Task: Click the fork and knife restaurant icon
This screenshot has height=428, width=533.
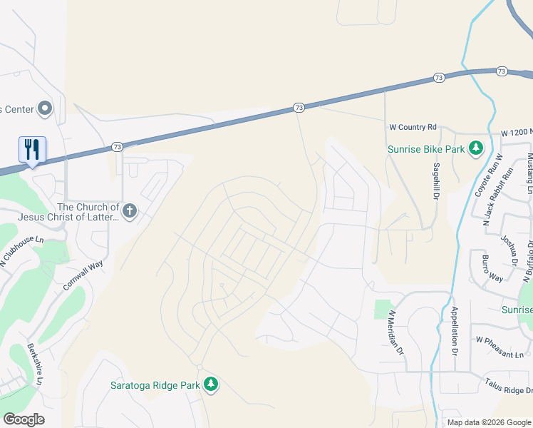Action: pyautogui.click(x=32, y=150)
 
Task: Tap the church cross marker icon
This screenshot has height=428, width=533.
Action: pyautogui.click(x=129, y=210)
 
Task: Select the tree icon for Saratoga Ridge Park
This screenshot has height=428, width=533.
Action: pyautogui.click(x=211, y=385)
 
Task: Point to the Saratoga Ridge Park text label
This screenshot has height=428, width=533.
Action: pyautogui.click(x=155, y=386)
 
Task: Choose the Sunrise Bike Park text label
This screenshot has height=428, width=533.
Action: pyautogui.click(x=426, y=150)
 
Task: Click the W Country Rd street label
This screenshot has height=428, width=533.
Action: pyautogui.click(x=413, y=127)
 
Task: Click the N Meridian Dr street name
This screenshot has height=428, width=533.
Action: pyautogui.click(x=395, y=332)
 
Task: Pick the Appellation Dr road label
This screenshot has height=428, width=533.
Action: pyautogui.click(x=455, y=331)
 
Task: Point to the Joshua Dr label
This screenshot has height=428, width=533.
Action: pyautogui.click(x=507, y=250)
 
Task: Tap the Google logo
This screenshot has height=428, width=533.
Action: pyautogui.click(x=24, y=419)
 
